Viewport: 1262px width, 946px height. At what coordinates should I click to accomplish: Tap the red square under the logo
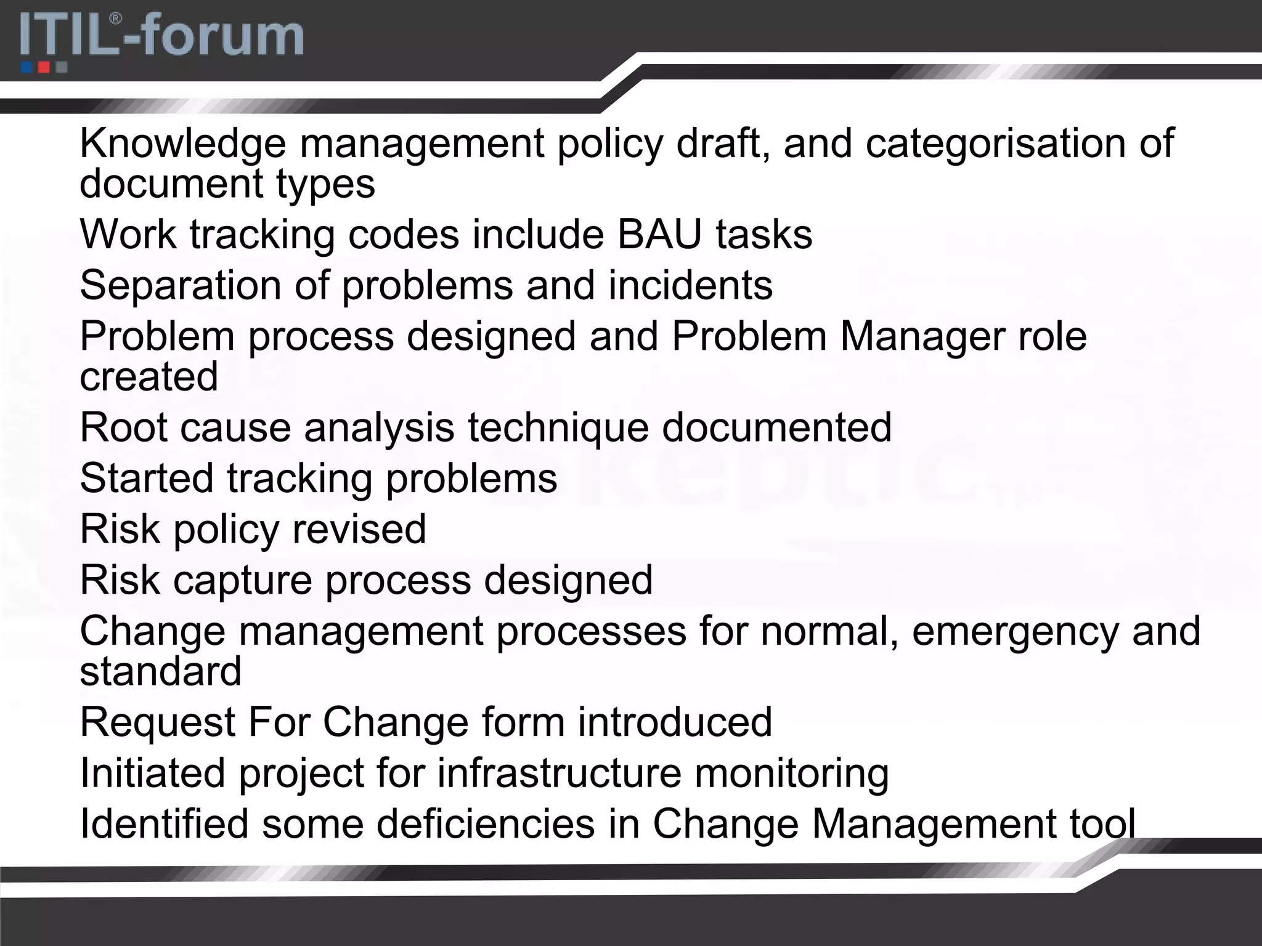pos(44,67)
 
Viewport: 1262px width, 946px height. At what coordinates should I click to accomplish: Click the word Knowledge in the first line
pos(183,144)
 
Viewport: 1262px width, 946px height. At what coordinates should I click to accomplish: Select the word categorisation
pos(995,144)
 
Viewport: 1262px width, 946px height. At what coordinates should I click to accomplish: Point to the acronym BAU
pos(659,235)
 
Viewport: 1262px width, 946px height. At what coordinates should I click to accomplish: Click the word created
pos(149,376)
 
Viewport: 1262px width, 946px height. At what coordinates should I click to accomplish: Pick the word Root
pos(123,427)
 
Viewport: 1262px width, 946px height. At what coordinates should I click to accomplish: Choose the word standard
pos(160,671)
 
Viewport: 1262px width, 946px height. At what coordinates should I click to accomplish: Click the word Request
pos(158,722)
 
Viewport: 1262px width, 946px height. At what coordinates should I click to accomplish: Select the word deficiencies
pos(486,824)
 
